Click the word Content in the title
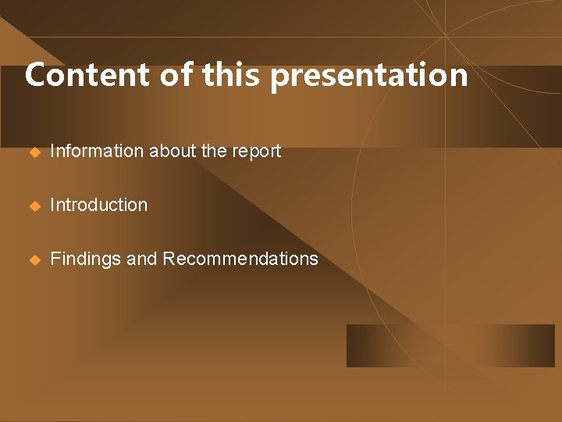point(87,75)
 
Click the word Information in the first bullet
point(97,151)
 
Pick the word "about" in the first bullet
point(173,151)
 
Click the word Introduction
point(99,205)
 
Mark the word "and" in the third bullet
point(142,259)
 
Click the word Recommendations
point(240,259)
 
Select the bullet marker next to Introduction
point(34,206)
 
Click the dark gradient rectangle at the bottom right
point(450,345)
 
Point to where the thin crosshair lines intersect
point(445,37)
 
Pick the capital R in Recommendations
point(169,259)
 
